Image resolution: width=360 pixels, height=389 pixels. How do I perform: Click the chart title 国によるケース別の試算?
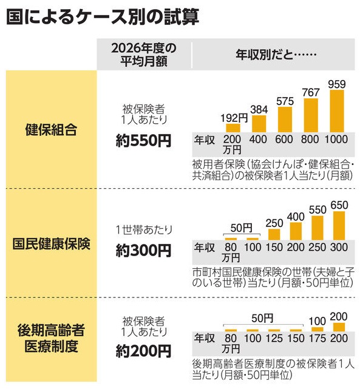(103, 17)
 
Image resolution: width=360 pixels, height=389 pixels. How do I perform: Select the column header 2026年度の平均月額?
(144, 55)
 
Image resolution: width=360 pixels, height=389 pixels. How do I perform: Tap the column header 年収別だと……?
(276, 55)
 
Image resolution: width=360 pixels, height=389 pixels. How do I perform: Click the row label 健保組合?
(51, 129)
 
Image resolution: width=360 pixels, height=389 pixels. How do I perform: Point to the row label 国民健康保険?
(51, 243)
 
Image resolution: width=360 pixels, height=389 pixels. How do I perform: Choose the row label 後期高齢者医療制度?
(51, 338)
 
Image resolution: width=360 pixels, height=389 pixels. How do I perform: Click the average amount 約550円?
(143, 141)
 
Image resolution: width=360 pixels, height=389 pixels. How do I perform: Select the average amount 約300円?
(143, 250)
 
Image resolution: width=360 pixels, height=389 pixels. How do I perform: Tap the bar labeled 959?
(337, 111)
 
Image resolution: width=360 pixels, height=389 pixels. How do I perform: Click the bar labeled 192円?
(233, 128)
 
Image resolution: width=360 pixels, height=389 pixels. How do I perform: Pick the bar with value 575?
(285, 120)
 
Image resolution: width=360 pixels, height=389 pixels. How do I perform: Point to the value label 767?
(311, 92)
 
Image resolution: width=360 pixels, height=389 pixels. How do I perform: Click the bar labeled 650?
(339, 226)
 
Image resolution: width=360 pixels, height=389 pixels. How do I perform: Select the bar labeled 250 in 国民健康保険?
(274, 235)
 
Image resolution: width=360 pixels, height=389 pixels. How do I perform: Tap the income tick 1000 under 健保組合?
(336, 139)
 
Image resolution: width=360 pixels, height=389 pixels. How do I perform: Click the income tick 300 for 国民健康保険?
(339, 247)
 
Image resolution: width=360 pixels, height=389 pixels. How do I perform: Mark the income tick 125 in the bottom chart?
(274, 338)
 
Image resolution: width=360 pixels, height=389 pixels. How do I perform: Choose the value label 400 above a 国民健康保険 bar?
(296, 217)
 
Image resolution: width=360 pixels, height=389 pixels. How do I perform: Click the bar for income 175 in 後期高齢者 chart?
(318, 330)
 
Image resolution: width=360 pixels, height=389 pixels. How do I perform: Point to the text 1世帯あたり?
(144, 230)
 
